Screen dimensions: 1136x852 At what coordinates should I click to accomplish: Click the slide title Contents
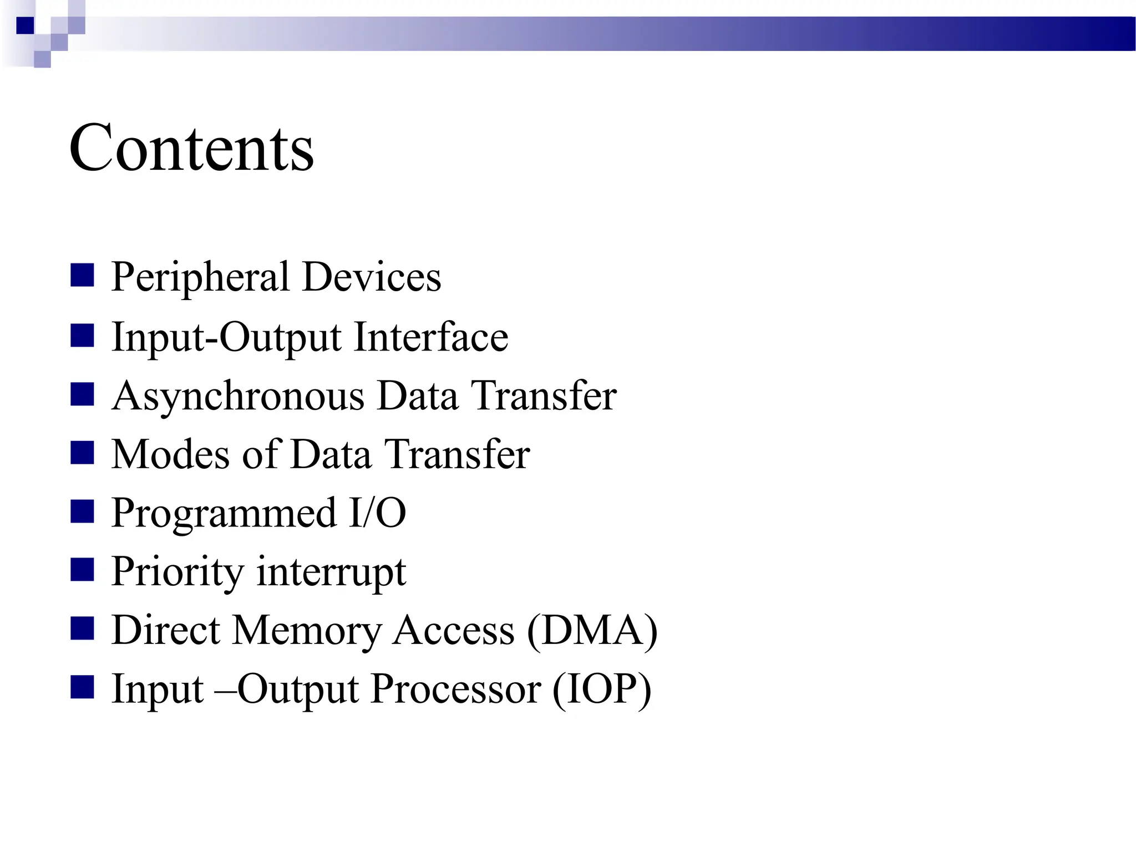tap(191, 149)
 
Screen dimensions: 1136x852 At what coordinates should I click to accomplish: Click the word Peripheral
tap(200, 277)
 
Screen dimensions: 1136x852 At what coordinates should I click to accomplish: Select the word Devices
tap(372, 277)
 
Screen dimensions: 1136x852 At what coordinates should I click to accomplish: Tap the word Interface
tap(431, 337)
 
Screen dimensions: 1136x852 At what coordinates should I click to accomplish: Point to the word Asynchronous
tap(237, 397)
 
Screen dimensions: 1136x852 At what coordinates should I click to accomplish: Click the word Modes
tap(170, 454)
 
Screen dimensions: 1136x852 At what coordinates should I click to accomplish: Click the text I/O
tap(377, 513)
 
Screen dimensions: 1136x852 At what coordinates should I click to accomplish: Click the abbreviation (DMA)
tap(592, 631)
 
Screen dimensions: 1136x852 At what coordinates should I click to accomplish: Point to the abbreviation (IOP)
tap(601, 689)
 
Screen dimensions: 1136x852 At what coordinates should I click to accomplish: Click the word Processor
tap(456, 689)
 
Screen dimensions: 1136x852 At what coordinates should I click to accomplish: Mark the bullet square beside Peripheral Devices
tap(82, 275)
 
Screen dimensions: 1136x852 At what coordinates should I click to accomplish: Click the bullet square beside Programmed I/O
tap(82, 511)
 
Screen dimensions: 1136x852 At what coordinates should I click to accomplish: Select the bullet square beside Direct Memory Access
tap(82, 629)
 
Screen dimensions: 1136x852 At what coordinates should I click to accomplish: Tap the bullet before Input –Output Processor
tap(82, 688)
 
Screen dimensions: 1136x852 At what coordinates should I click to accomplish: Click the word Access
tap(453, 631)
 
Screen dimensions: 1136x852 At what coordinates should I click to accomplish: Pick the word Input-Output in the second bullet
tap(226, 338)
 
